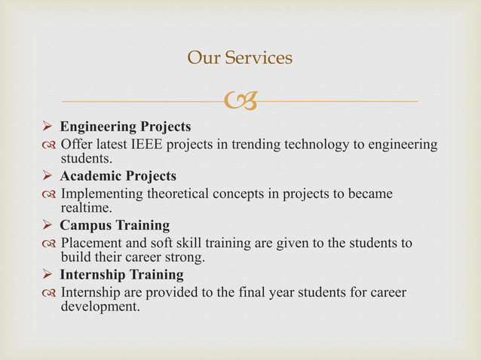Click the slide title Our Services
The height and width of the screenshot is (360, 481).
pos(239,58)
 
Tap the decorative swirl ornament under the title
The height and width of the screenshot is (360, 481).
pos(239,99)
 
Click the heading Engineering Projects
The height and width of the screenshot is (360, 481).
pos(125,126)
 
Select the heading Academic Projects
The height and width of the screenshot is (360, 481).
pos(118,176)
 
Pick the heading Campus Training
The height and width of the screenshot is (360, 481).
pos(115,226)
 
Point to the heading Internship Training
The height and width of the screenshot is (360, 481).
pos(121,275)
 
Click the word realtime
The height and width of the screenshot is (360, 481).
pos(85,208)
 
